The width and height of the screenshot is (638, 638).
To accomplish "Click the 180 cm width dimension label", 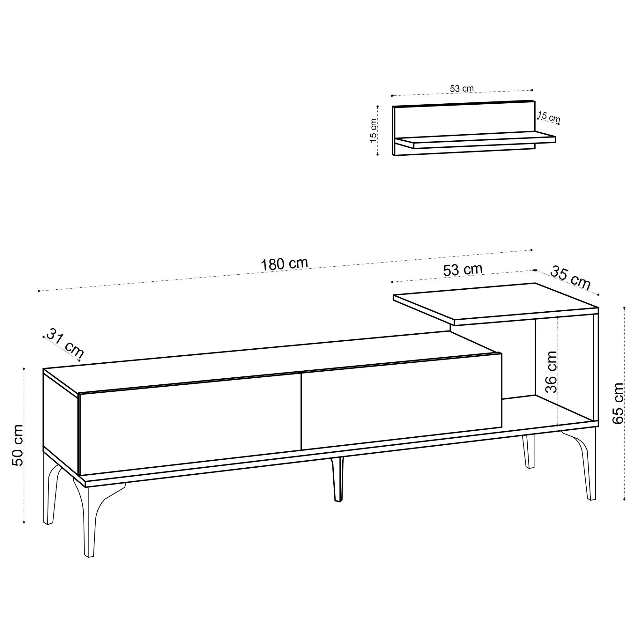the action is [x=284, y=264].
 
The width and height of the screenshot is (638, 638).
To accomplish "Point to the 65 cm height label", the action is [x=618, y=403].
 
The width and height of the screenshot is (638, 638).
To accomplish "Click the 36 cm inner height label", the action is [x=551, y=372].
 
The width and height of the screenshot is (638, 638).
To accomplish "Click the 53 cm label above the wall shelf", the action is [x=462, y=88].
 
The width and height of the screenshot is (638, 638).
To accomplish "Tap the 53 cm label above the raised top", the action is [x=463, y=270].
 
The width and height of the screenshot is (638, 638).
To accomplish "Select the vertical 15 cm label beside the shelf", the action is [x=373, y=130].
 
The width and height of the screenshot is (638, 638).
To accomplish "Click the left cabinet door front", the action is [x=190, y=423].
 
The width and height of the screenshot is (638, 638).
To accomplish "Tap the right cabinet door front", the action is [x=402, y=401].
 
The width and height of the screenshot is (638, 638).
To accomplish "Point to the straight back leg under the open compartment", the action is [x=529, y=451].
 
